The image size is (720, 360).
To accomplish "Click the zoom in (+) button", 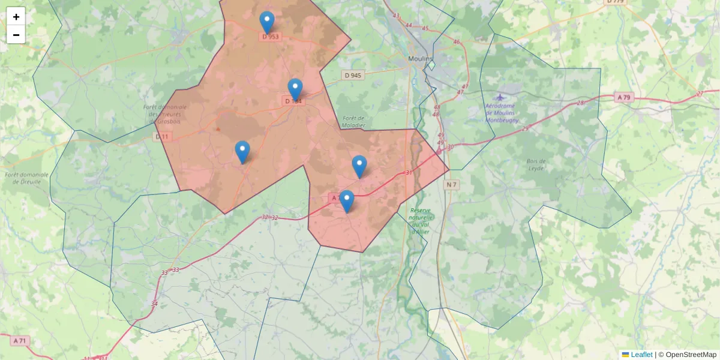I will (x=16, y=17).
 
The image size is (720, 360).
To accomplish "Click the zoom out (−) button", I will (x=16, y=35).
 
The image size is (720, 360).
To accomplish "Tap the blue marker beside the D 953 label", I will (x=267, y=22).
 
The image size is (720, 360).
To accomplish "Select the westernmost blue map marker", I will (x=242, y=152).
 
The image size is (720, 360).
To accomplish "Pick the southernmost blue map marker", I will (x=346, y=201).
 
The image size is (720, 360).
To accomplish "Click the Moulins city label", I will (x=420, y=58).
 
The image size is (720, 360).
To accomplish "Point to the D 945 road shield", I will (x=353, y=75).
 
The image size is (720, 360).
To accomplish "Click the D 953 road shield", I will (x=271, y=37).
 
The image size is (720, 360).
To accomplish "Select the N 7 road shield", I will (x=451, y=185).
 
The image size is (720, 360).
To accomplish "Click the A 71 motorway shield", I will (x=19, y=341).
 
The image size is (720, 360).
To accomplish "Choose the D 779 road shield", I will (x=616, y=1).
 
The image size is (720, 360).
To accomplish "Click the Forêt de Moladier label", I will (x=353, y=122).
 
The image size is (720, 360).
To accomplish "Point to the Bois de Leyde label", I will (x=536, y=164).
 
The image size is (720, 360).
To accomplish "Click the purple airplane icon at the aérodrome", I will (x=500, y=97).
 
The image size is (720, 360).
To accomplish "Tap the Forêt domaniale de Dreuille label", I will (x=23, y=178).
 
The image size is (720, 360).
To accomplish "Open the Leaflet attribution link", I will (x=641, y=355).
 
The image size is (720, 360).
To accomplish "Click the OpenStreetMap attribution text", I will (x=691, y=355).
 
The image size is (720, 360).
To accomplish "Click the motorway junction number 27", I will (x=700, y=94).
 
